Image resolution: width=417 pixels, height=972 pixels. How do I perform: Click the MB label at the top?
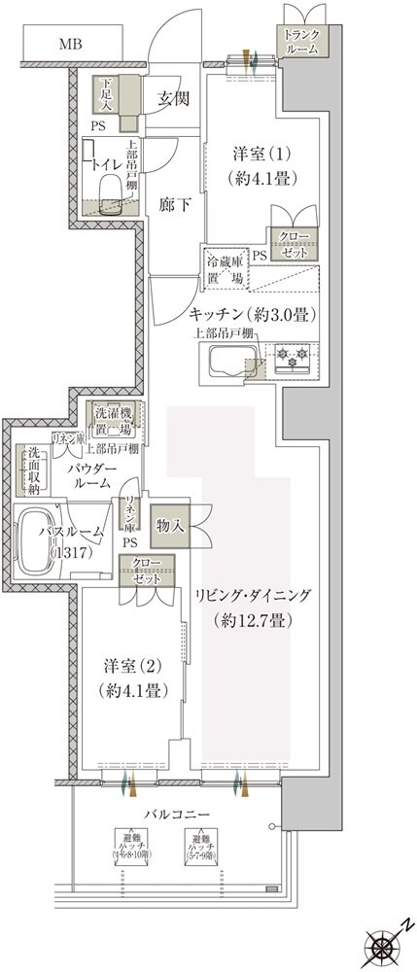coord(70,45)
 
